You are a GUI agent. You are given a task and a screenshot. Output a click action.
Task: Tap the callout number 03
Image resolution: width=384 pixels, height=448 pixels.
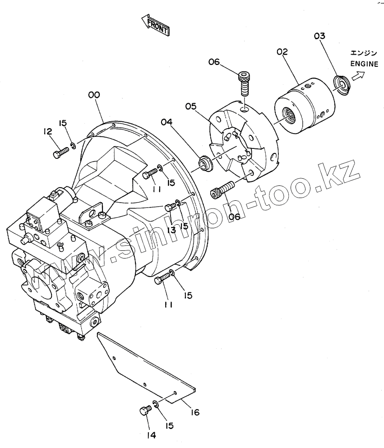[319, 36]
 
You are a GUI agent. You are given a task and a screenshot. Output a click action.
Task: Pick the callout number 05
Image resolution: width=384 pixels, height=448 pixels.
[191, 106]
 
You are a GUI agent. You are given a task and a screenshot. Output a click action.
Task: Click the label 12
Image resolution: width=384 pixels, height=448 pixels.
[48, 131]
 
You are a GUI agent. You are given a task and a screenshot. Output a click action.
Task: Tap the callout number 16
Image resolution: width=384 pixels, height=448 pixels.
[195, 412]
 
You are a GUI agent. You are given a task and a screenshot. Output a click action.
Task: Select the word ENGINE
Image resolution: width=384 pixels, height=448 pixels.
[364, 64]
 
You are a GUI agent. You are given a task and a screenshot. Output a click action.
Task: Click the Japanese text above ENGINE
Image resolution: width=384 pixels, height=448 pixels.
[364, 53]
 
